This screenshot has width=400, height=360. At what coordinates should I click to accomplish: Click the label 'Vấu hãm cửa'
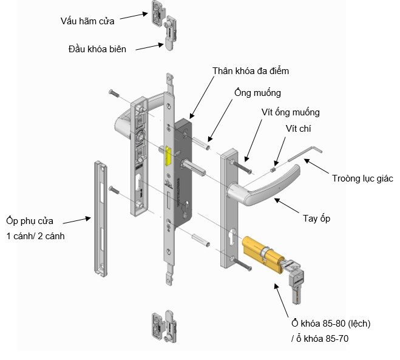(x=87, y=21)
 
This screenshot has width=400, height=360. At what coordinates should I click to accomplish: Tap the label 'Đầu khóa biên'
(x=97, y=49)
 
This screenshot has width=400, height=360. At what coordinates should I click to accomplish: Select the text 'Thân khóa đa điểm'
(x=251, y=71)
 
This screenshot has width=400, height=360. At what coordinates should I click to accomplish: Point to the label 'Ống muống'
(x=258, y=93)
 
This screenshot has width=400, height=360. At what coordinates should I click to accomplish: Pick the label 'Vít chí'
(x=299, y=129)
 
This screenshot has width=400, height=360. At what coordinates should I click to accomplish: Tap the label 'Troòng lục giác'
(x=362, y=178)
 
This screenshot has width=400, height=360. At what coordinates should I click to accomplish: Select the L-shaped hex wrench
(x=305, y=150)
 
